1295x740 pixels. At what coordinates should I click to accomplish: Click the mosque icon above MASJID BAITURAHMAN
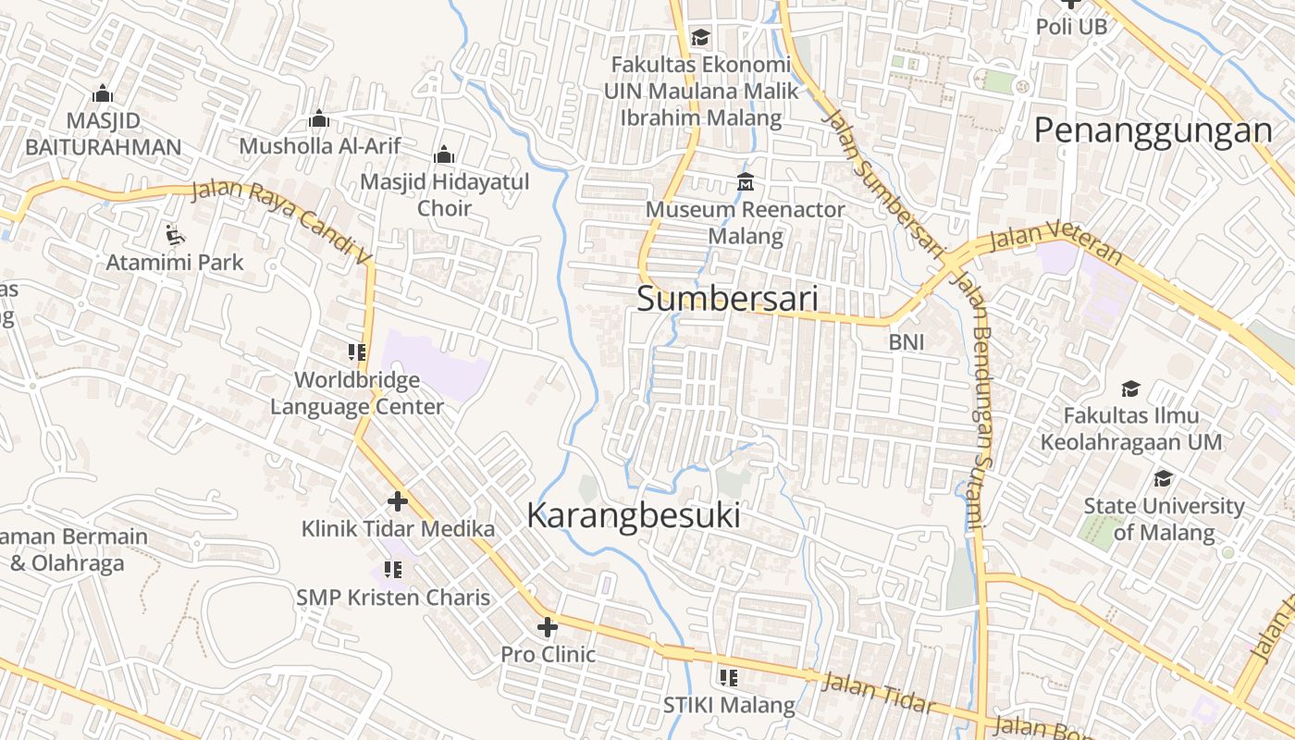103,93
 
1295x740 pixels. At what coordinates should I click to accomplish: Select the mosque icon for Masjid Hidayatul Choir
444,154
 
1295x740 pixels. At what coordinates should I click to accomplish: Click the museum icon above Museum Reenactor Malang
746,181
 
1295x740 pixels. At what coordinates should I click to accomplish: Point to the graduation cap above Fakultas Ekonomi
700,37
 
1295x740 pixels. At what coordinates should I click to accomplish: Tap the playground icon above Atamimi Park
174,234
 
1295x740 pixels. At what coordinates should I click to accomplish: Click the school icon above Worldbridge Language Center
357,351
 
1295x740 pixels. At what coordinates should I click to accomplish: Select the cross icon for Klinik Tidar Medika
398,501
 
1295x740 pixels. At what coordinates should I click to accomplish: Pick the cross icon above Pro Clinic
548,627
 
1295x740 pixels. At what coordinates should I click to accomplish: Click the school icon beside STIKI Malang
729,678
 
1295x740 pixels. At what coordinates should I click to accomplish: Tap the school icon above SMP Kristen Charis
393,570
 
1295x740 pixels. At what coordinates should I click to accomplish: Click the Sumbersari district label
727,299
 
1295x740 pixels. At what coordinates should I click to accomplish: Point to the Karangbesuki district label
634,515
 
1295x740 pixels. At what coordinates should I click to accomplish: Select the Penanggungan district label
1153,130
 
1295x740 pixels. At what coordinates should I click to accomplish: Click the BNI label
906,341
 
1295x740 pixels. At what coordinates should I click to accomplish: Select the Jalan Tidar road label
878,693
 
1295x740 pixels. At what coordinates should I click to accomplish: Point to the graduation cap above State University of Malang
1163,478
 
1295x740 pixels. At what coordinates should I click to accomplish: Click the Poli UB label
1071,27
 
